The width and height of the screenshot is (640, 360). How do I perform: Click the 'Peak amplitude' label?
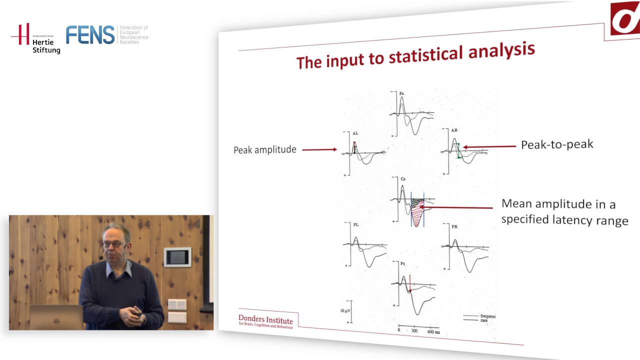[x=264, y=149]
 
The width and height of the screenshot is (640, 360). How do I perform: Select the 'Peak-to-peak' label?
[x=557, y=144]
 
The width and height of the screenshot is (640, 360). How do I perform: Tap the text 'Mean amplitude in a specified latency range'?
[x=564, y=212]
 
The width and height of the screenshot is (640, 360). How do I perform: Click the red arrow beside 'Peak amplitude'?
[x=319, y=149]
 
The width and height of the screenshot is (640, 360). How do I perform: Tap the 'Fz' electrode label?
[x=401, y=93]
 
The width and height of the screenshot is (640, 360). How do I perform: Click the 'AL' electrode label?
[x=355, y=133]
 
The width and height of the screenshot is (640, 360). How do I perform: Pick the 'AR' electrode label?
[x=454, y=130]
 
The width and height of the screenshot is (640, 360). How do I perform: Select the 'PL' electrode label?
[x=355, y=225]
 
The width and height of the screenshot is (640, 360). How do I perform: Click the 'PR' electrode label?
[x=454, y=227]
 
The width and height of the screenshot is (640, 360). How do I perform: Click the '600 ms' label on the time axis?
[x=433, y=331]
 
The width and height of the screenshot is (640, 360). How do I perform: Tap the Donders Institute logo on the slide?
[x=265, y=321]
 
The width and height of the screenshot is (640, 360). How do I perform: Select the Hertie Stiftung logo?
[x=36, y=38]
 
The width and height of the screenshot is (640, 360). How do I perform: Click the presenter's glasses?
[x=113, y=244]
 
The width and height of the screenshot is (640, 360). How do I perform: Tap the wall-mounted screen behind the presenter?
[x=177, y=257]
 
